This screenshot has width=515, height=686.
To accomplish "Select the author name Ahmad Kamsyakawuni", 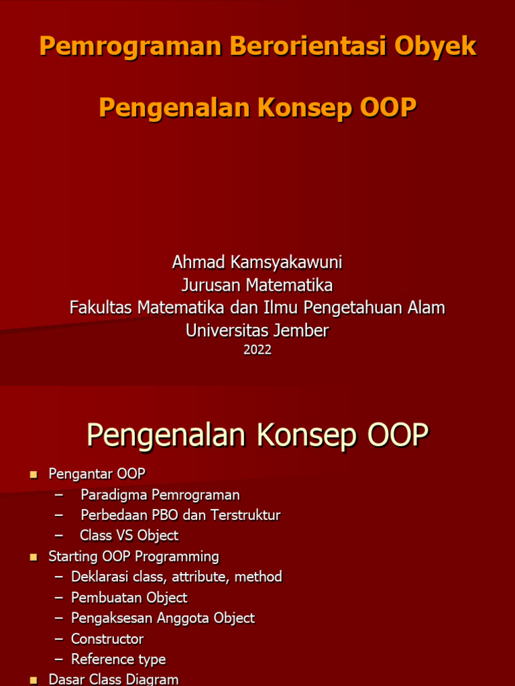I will tap(257, 262).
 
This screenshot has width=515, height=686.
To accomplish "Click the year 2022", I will tap(257, 350).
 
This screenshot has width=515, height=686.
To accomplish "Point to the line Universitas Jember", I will tap(257, 330).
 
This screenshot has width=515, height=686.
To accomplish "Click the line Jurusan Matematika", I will tap(257, 285).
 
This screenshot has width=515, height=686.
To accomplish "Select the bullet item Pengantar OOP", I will tap(97, 474).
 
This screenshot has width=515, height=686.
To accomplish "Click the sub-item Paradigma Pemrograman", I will tap(160, 495).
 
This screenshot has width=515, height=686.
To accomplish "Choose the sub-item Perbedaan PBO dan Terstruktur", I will tap(180, 515).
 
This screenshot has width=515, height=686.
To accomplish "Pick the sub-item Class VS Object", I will tap(129, 535).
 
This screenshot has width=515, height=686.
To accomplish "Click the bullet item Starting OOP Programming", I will tap(133, 557).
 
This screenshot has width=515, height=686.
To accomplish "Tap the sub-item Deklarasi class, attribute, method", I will tap(176, 577).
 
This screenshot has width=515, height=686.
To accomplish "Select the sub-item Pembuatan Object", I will tap(129, 598).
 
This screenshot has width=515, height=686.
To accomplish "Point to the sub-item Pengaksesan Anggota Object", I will tap(163, 618).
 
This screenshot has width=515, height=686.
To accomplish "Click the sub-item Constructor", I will tap(107, 639).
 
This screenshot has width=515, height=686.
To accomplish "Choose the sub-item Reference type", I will tap(118, 660).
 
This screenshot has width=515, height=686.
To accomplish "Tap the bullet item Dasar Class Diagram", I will tap(113, 679).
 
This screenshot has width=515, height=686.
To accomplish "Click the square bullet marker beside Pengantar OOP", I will tap(34, 475).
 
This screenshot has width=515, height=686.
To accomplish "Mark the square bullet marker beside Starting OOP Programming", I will tap(34, 557).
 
